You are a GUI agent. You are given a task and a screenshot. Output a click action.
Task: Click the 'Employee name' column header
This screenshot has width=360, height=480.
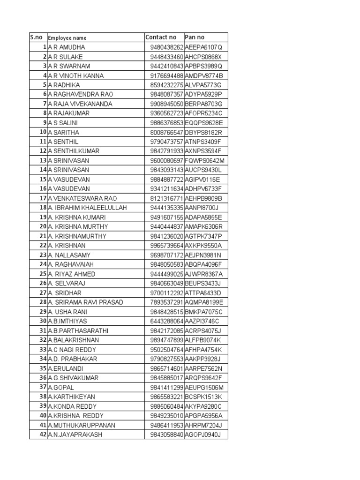[x=67, y=38]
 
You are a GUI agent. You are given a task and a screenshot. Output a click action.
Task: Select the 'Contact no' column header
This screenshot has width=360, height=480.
[x=161, y=37]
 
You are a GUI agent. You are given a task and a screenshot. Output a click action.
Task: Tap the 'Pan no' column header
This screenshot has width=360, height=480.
[x=195, y=37]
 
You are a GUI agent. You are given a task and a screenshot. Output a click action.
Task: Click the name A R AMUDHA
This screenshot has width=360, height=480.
[x=66, y=47]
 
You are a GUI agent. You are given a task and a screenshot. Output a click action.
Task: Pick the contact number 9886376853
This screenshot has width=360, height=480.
[x=167, y=123]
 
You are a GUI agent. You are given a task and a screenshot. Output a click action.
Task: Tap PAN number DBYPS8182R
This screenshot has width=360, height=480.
[x=203, y=132]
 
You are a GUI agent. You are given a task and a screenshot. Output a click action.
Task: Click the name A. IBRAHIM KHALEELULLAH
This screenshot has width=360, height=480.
[x=87, y=208]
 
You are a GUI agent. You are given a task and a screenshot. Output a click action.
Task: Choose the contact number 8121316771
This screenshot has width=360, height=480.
[x=167, y=198]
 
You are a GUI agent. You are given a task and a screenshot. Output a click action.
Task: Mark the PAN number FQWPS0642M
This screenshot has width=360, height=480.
[x=205, y=160]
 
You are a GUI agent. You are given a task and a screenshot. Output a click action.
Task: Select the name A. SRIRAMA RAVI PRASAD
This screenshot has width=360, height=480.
[x=85, y=302]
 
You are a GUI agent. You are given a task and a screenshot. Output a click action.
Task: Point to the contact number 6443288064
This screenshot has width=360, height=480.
[x=167, y=321]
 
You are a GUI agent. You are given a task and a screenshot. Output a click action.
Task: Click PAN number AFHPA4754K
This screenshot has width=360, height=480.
[x=203, y=349]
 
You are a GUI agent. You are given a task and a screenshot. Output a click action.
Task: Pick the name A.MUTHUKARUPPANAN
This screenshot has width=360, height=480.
[x=81, y=425]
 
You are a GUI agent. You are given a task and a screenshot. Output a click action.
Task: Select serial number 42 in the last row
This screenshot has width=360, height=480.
[x=43, y=435]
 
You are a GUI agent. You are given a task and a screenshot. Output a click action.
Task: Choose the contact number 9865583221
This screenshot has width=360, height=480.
[x=167, y=397]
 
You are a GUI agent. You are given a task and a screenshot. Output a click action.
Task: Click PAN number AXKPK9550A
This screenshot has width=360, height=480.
[x=203, y=246]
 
